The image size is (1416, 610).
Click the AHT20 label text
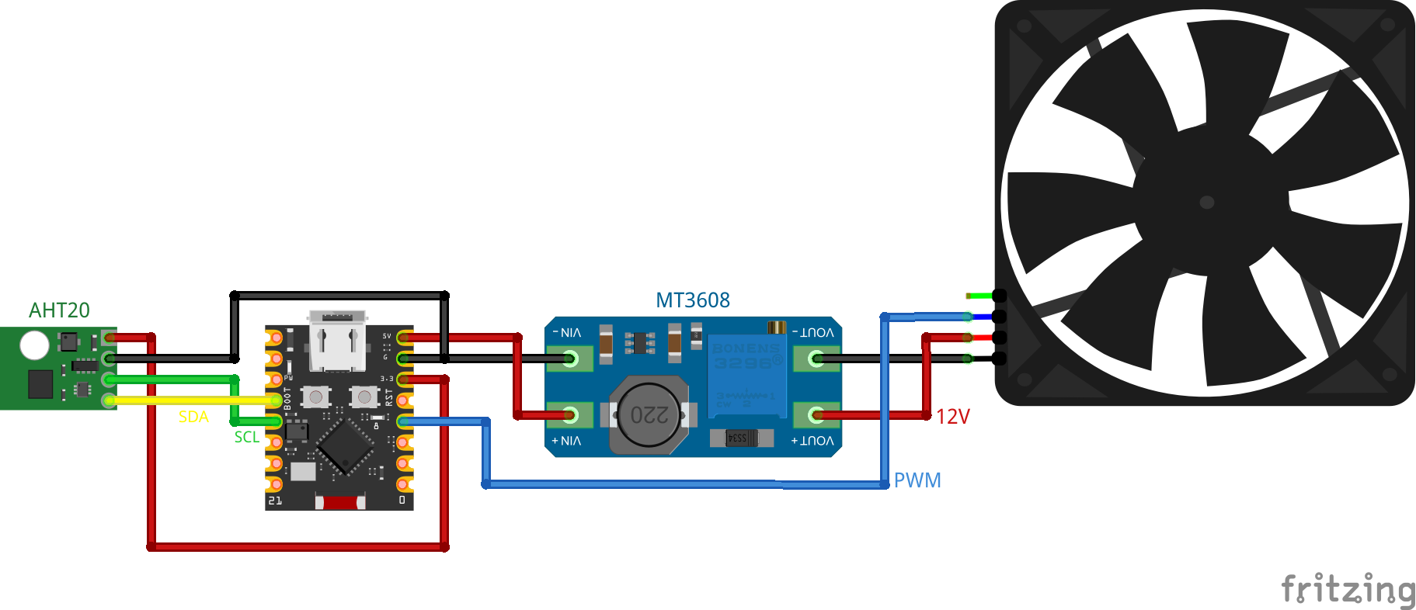coord(59,310)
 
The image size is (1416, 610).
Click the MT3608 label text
coord(693,300)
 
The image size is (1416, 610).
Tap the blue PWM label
coord(917,480)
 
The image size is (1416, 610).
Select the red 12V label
coord(953,417)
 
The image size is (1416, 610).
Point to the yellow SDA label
coord(193,417)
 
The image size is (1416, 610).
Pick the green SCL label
coord(247,437)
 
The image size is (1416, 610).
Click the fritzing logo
coord(1348,590)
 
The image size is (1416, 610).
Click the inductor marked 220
coord(649,414)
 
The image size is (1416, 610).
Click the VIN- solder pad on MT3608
coord(570,359)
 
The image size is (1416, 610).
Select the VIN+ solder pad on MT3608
coord(570,415)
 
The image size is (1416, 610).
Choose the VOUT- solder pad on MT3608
coord(816,359)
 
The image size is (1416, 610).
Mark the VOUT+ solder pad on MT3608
coord(816,415)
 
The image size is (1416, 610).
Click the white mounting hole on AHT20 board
coord(34,345)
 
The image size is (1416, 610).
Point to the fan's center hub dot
coord(1207,203)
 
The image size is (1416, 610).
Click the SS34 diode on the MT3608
coord(742,438)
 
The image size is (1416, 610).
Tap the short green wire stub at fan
coord(979,296)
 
